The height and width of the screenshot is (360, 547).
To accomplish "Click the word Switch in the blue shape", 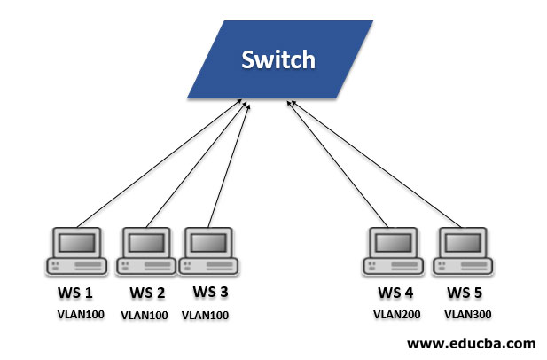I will pyautogui.click(x=278, y=60).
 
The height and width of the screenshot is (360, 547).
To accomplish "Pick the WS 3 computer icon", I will pyautogui.click(x=209, y=252).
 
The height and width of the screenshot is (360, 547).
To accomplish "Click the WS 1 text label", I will pyautogui.click(x=76, y=293).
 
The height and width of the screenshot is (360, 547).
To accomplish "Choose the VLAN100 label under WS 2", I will pyautogui.click(x=145, y=314).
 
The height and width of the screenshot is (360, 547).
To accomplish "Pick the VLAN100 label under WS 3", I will pyautogui.click(x=206, y=314).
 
